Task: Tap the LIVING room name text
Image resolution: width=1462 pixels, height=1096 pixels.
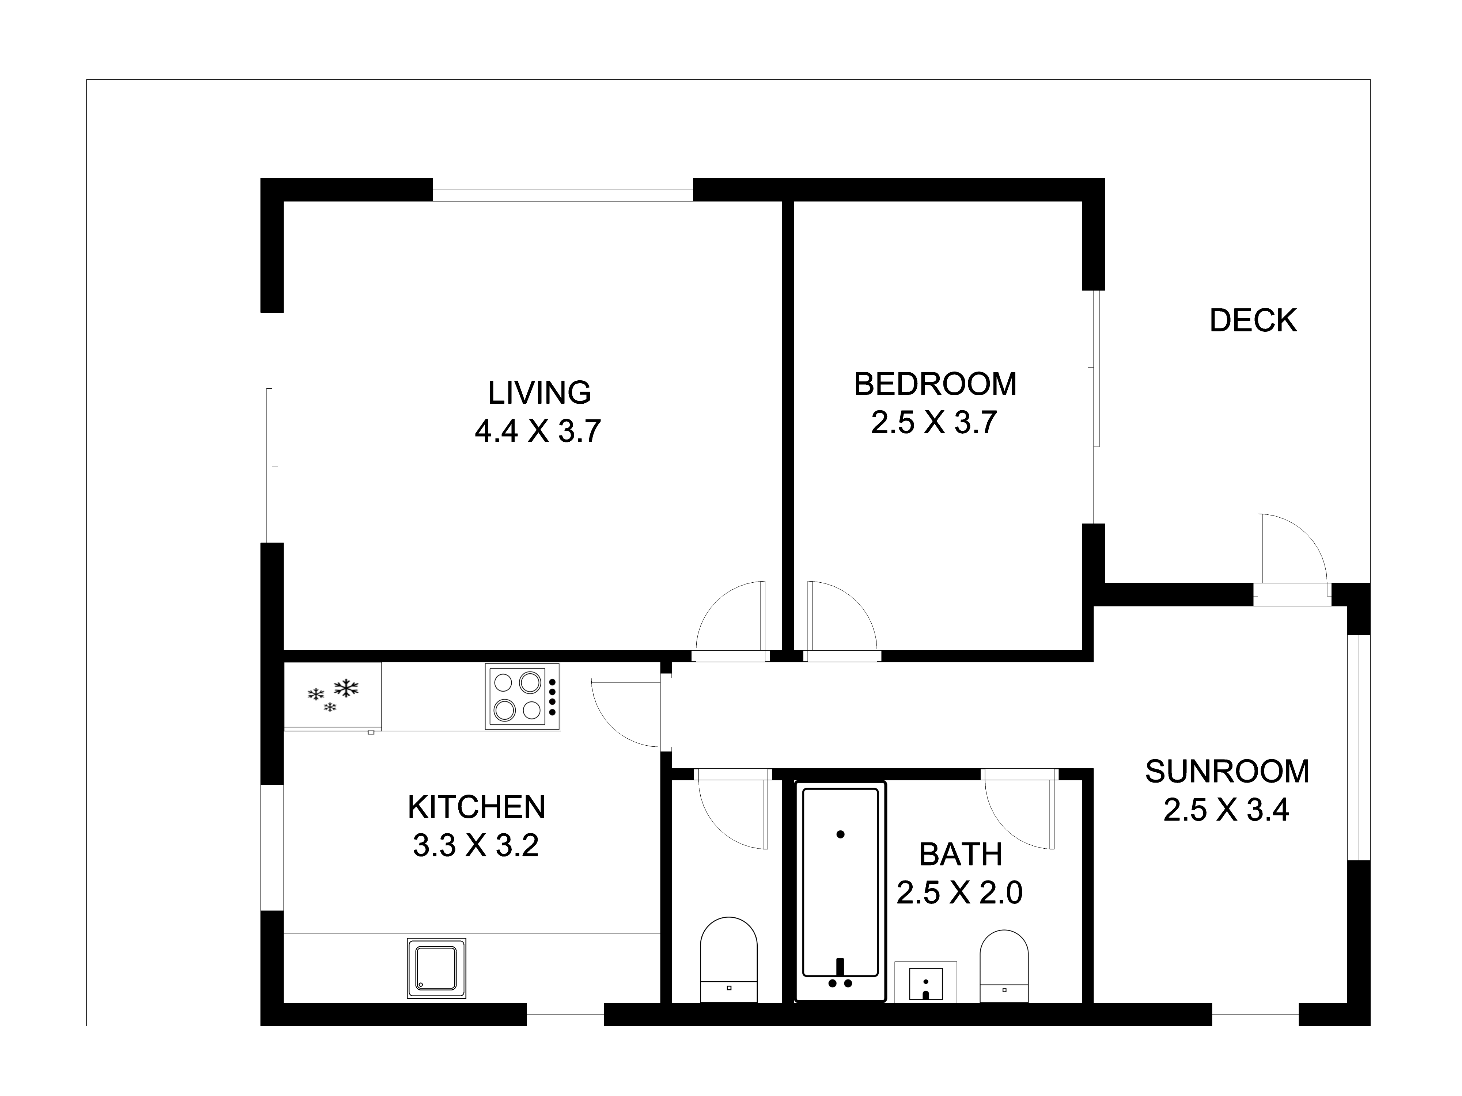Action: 539,393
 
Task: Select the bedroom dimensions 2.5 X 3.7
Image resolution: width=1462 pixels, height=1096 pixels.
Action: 934,423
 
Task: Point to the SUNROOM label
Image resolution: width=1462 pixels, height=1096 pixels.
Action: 1227,772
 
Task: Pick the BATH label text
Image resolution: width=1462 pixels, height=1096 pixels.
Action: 961,855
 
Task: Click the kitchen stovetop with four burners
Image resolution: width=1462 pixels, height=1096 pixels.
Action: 523,696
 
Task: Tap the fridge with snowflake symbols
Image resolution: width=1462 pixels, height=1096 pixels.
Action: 333,697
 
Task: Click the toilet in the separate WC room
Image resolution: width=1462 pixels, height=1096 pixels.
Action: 728,959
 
